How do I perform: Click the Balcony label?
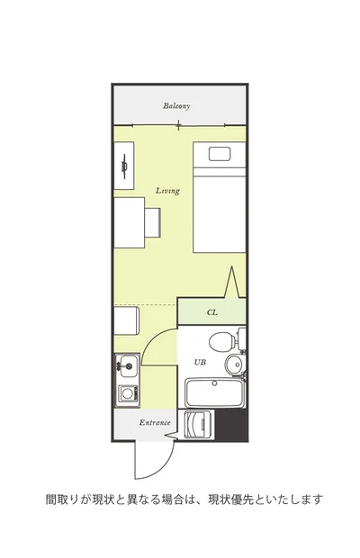coord(176,106)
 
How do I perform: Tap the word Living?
coord(167,191)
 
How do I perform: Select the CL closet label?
coord(212,312)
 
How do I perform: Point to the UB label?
coord(200,363)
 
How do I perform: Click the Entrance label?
coord(155,423)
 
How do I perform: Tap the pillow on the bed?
coord(220,155)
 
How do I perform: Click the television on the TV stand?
coord(124,166)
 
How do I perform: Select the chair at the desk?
coord(153,223)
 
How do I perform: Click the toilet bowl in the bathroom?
coord(221,342)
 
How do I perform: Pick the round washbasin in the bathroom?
coord(234,364)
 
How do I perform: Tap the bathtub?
coord(214,393)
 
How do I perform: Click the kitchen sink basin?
coord(129,365)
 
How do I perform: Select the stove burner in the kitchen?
coord(127,393)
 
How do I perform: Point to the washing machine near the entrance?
coord(196,425)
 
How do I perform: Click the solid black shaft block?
coord(232,425)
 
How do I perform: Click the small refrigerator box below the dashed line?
coord(126,321)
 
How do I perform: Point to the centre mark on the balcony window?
coord(178,124)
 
